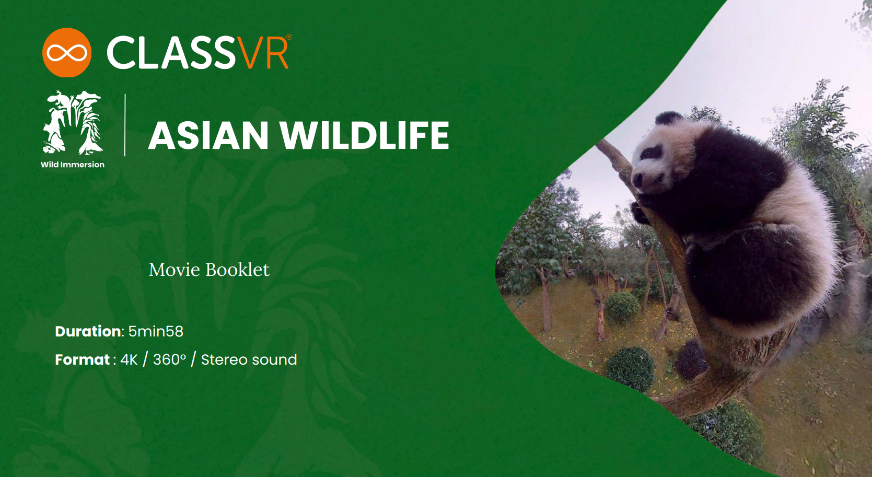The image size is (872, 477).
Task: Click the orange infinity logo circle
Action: [x=67, y=53]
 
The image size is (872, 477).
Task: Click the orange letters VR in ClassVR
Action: [x=263, y=53]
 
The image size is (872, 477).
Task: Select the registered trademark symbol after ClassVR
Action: [x=289, y=37]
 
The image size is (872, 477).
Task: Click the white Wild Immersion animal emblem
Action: [x=73, y=123]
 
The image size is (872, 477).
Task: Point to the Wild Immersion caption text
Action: [x=73, y=165]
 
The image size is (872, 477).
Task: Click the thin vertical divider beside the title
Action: [x=125, y=125]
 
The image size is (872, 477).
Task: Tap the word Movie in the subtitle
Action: [x=175, y=270]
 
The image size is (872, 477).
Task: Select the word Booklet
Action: [x=238, y=270]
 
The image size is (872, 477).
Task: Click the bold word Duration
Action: [x=88, y=331]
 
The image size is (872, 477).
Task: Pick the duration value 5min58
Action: [x=156, y=331]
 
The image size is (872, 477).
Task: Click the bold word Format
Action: [x=83, y=360]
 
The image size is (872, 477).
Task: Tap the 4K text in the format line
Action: [x=129, y=360]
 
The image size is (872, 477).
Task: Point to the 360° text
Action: [x=169, y=360]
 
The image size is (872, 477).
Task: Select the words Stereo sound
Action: [x=249, y=360]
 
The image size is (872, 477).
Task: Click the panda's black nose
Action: [x=637, y=179]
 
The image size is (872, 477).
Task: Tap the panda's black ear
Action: [x=668, y=118]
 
